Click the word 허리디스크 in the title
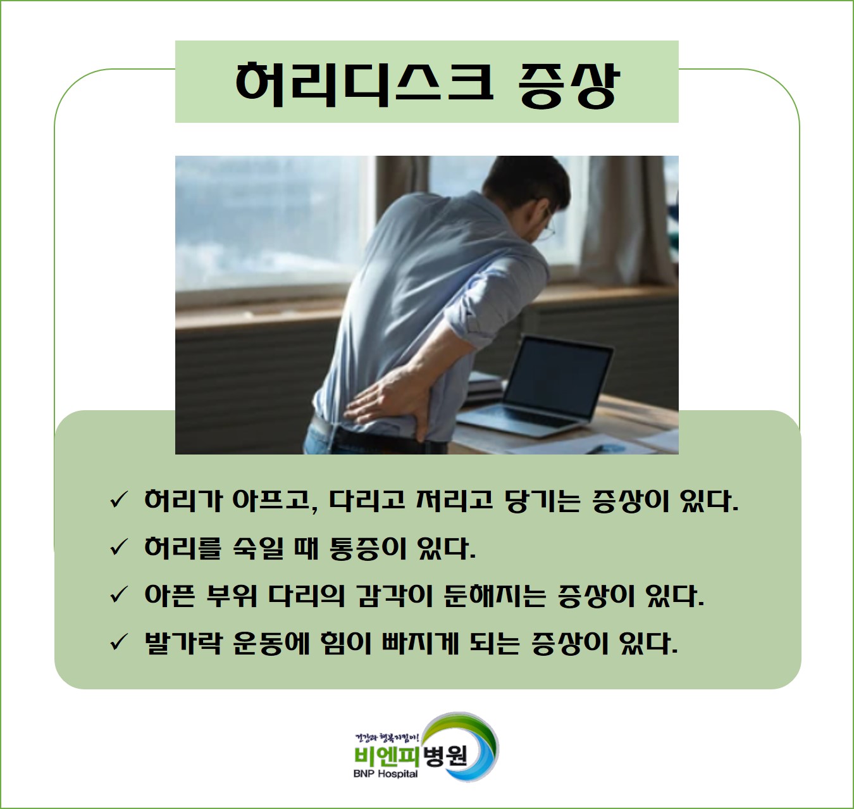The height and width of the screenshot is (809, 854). point(364,84)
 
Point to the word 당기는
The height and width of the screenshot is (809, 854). point(542,501)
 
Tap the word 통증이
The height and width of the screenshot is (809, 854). point(368,548)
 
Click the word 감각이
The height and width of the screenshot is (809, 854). point(394,596)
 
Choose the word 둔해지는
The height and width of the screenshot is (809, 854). point(495,596)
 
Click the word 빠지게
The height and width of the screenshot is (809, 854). point(420,643)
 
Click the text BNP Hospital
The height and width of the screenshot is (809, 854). point(385,774)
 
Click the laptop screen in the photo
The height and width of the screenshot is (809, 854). point(558,377)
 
